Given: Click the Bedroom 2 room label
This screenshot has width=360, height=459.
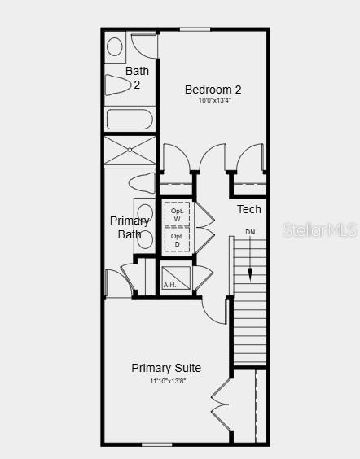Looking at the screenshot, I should (213, 90).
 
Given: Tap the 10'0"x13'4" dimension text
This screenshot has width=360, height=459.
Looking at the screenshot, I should (213, 101).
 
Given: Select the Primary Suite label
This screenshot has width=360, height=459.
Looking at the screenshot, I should (166, 368).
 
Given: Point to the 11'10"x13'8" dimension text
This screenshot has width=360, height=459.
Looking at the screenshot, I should (166, 380).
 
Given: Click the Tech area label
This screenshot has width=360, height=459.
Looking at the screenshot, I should (249, 210).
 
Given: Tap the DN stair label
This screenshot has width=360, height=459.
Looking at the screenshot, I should (250, 232).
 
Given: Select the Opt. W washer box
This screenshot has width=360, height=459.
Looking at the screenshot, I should (177, 216).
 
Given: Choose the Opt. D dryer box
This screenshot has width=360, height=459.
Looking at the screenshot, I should (177, 240).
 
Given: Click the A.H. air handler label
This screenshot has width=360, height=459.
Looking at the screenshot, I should (169, 285).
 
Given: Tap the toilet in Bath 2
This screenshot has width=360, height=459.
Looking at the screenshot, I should (118, 85).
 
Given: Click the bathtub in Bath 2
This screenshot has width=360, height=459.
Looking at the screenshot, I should (130, 120).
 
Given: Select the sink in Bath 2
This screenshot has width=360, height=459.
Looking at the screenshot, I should (115, 46).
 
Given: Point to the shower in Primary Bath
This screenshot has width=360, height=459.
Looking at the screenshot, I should (130, 151).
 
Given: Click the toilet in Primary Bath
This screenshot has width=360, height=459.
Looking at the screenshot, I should (141, 181).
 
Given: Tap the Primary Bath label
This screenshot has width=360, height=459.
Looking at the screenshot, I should (130, 228).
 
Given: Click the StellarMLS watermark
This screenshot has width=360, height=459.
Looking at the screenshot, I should (320, 231).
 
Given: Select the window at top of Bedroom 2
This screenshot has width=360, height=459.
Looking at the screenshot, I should (195, 30).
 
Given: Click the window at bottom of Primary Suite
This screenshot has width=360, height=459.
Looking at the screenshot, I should (156, 444).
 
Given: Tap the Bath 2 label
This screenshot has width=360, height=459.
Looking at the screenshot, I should (137, 77).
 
